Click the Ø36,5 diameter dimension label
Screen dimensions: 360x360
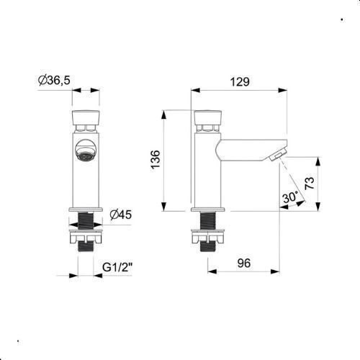point(54,80)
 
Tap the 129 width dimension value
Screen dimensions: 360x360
point(240,81)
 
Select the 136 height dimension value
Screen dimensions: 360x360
point(156,160)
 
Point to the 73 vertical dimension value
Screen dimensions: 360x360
point(310,184)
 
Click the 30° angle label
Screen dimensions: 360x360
point(290,197)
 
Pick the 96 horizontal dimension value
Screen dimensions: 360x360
point(244,263)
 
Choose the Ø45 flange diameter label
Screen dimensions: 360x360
point(121,215)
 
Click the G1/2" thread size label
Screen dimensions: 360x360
point(117,267)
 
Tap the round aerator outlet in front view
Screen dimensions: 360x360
point(86,150)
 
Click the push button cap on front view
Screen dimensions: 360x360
point(86,117)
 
